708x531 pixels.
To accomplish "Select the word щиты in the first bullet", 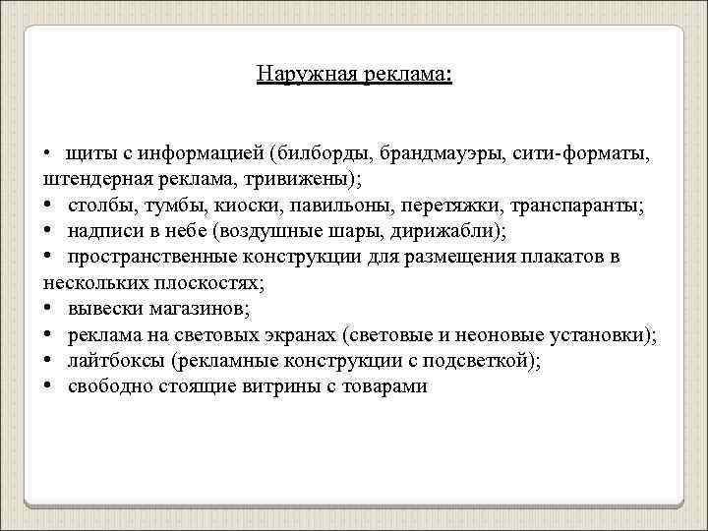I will coord(88,155).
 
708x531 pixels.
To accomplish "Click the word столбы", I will coord(100,206).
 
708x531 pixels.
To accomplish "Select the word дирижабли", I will coord(449,232).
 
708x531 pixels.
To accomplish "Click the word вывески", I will coord(105,310).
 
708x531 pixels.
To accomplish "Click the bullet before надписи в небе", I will coord(48,232).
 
